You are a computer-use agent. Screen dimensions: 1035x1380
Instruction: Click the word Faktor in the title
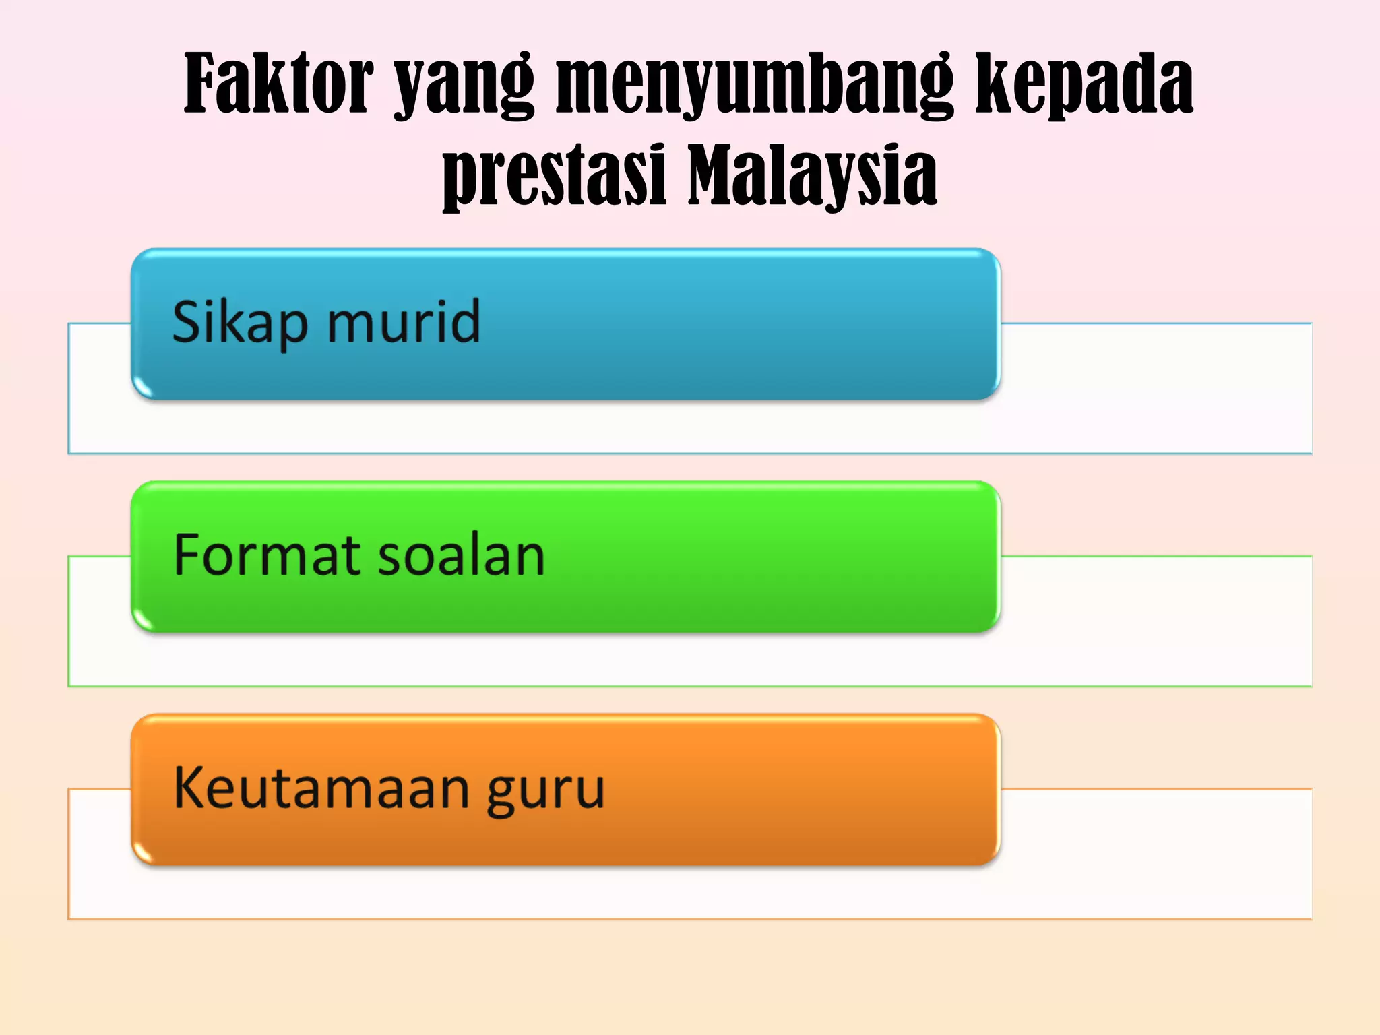278,84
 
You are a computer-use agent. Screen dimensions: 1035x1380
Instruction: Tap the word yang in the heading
464,88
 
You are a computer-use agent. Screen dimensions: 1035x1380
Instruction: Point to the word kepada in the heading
1085,86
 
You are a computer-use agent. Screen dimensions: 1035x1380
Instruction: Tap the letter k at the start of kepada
994,84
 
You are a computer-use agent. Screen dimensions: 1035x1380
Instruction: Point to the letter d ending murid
465,320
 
